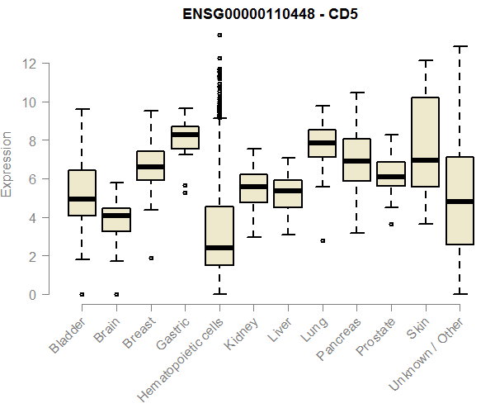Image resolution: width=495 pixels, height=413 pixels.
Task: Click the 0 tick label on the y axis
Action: pyautogui.click(x=33, y=295)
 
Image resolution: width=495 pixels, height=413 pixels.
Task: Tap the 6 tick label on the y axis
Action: pyautogui.click(x=33, y=179)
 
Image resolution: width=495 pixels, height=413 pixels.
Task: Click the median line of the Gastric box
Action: pyautogui.click(x=185, y=134)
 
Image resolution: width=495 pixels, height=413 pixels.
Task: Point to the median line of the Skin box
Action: pyautogui.click(x=426, y=160)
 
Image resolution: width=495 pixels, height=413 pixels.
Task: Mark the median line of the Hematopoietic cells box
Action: pyautogui.click(x=219, y=248)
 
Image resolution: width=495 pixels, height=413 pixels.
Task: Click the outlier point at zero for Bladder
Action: pyautogui.click(x=82, y=294)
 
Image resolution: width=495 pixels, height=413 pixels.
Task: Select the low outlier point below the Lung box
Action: pyautogui.click(x=323, y=240)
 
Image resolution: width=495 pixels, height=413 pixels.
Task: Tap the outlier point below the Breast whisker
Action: pyautogui.click(x=150, y=258)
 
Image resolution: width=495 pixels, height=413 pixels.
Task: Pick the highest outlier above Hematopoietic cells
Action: pyautogui.click(x=219, y=35)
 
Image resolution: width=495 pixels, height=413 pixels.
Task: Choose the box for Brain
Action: pyautogui.click(x=116, y=220)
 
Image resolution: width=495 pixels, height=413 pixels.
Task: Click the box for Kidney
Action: pyautogui.click(x=253, y=188)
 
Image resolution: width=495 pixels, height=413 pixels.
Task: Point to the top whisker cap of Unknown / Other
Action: pyautogui.click(x=460, y=46)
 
